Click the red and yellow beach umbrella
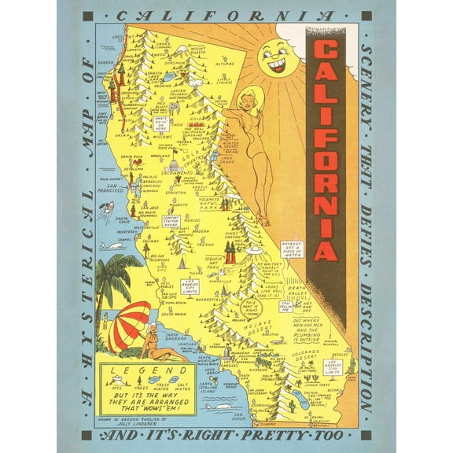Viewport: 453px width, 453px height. [x=130, y=325]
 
